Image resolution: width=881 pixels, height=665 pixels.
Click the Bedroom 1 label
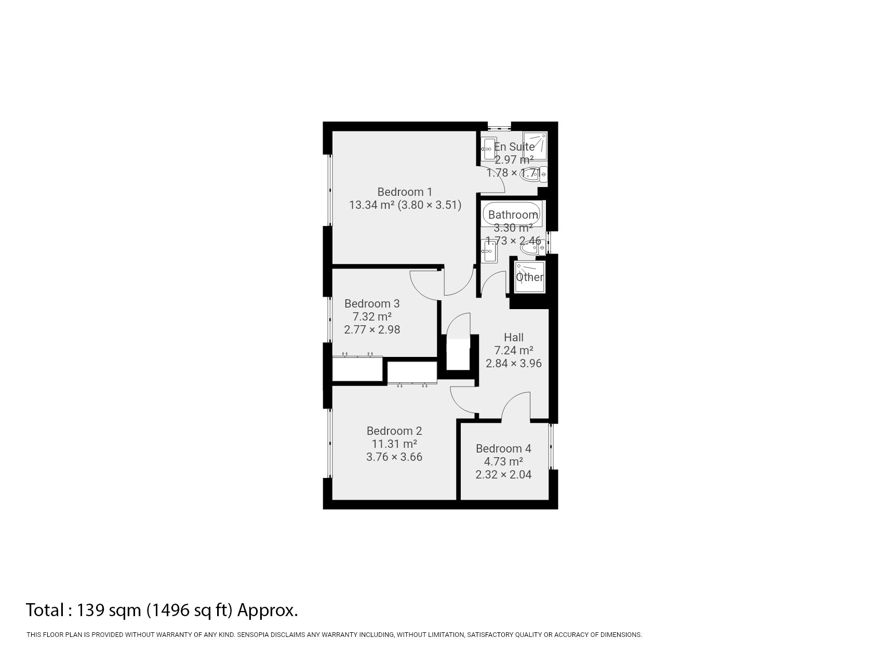(404, 192)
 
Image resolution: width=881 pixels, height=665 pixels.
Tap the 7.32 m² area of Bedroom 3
(371, 316)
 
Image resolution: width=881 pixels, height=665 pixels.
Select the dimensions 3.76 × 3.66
(394, 457)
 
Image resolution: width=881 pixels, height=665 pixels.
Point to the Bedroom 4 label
(503, 448)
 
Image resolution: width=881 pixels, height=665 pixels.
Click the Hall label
(513, 337)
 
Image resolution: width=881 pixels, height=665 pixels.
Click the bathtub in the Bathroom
(512, 214)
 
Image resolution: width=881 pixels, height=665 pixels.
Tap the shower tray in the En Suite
(535, 146)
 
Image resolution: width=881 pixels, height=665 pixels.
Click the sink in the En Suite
(488, 149)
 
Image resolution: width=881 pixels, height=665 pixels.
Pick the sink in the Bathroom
(488, 251)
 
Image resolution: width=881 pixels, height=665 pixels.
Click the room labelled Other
(529, 277)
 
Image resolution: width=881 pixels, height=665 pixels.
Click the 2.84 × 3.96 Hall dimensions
(513, 363)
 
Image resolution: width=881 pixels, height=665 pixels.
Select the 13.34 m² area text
(372, 205)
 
